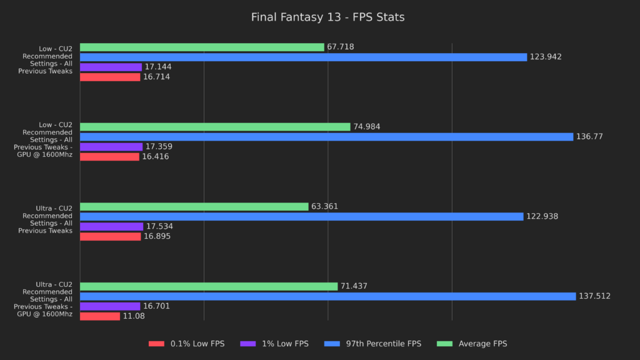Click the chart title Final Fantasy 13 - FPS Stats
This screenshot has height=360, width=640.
(327, 17)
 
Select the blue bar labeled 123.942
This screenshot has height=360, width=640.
(303, 57)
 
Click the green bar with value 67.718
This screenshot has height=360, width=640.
(202, 47)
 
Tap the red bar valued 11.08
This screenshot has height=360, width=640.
(100, 316)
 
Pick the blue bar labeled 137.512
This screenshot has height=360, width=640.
(327, 296)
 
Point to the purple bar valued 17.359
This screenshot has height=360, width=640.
(111, 147)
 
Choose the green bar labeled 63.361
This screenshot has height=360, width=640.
(194, 206)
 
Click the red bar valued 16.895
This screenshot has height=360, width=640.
(111, 236)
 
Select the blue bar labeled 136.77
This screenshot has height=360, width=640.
(326, 137)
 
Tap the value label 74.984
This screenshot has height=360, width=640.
(367, 127)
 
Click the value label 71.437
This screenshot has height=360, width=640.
(354, 286)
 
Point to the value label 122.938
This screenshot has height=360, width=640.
(542, 217)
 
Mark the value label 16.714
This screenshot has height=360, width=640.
(156, 77)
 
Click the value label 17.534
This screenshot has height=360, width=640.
(159, 226)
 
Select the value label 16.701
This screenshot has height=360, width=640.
(156, 306)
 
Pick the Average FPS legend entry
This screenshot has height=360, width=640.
(482, 344)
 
